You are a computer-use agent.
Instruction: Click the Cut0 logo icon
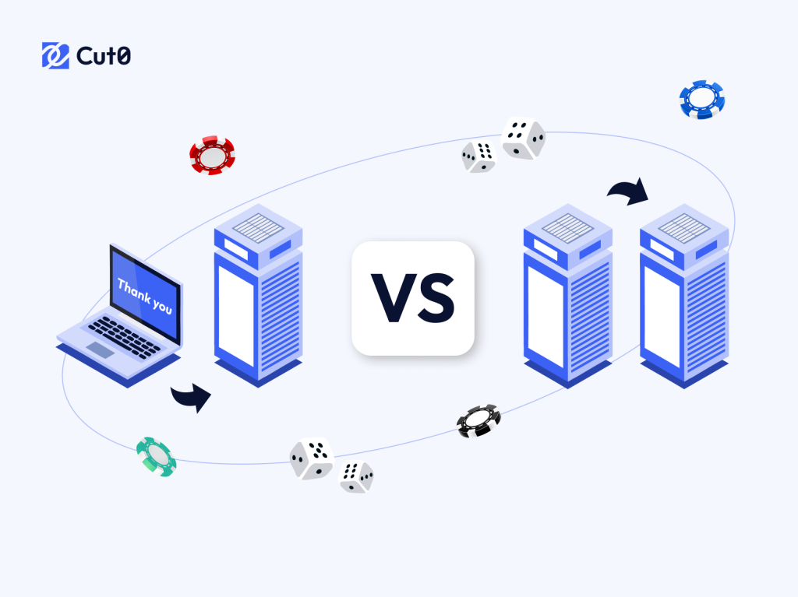tap(55, 55)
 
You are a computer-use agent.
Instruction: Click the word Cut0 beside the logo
tap(104, 56)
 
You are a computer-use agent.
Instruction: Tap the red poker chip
tap(212, 155)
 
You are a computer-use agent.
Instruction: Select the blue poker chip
tap(702, 100)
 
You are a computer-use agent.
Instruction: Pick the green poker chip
tap(156, 457)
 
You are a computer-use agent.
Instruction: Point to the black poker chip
tap(478, 420)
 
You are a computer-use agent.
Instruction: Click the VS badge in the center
tap(413, 299)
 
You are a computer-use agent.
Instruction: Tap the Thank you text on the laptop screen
tap(145, 296)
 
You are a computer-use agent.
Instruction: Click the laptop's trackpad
tap(101, 349)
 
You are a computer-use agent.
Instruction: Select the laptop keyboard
tap(124, 336)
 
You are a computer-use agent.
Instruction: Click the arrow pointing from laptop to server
tap(191, 397)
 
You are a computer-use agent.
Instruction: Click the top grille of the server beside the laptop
tap(259, 227)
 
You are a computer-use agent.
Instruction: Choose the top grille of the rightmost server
tap(684, 228)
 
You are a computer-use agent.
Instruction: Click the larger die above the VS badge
tap(523, 139)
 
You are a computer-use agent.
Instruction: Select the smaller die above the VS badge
tap(478, 156)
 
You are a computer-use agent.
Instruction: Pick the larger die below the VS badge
tap(312, 458)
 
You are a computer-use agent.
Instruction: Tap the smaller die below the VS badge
tap(356, 476)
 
